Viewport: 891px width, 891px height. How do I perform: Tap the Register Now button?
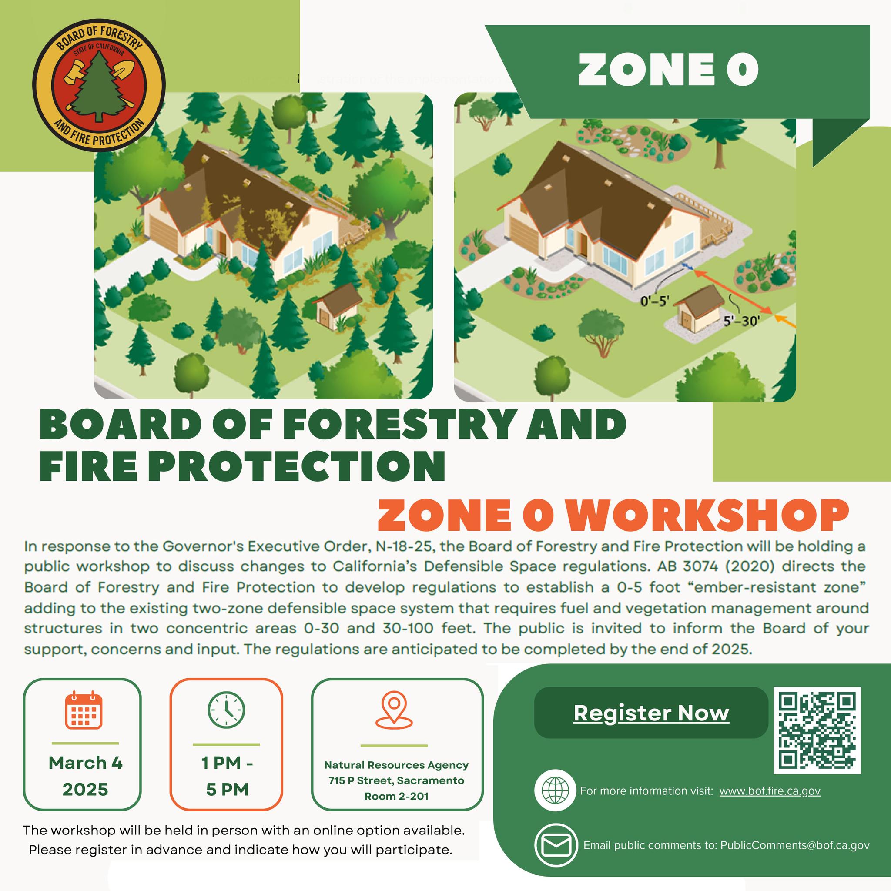(651, 713)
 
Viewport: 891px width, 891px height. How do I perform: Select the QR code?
(817, 730)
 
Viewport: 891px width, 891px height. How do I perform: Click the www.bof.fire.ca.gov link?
(770, 791)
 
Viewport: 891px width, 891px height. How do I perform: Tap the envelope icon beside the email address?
(556, 845)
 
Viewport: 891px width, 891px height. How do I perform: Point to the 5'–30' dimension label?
(740, 321)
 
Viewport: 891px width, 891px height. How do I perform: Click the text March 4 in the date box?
(85, 763)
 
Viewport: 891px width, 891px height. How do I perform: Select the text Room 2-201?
(397, 797)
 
